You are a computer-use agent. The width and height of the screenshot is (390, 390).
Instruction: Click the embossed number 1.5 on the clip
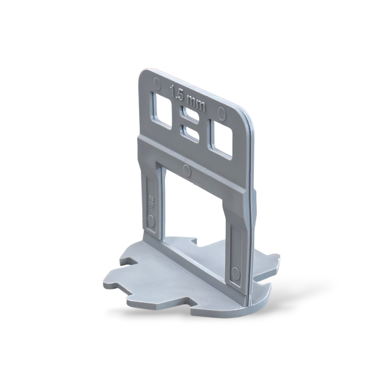[x=176, y=93]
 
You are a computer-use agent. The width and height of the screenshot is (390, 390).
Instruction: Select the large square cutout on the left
[x=162, y=111]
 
